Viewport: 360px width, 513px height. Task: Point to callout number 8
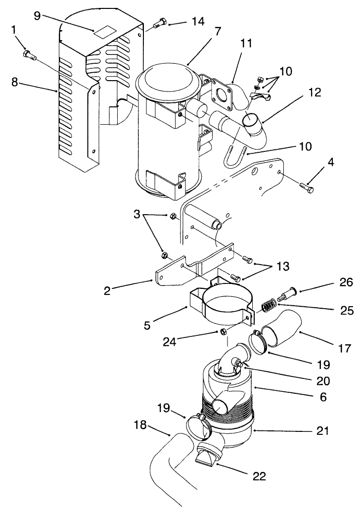(x=15, y=82)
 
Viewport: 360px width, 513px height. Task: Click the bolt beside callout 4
(x=306, y=187)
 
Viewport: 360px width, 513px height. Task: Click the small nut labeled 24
(x=224, y=331)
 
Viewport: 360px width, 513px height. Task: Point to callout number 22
(x=259, y=476)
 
